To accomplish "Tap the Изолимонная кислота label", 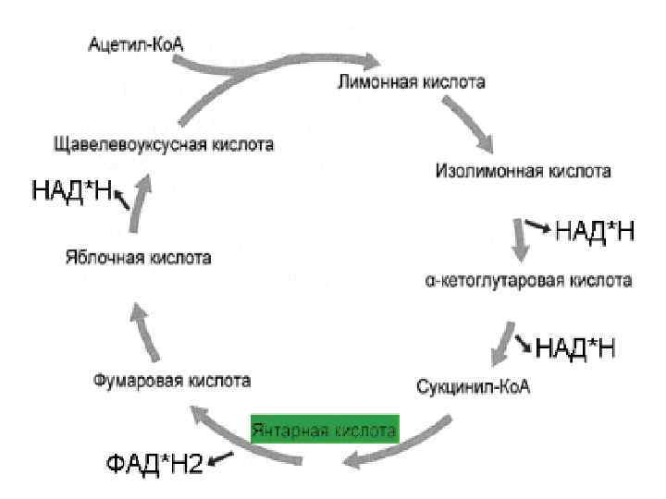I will (x=523, y=171).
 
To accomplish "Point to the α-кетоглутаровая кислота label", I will (x=528, y=280).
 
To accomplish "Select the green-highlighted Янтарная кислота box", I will (x=324, y=430).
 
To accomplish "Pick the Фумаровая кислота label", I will (x=173, y=380).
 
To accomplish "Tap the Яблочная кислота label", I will (x=139, y=257).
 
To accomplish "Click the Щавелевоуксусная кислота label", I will (x=165, y=145).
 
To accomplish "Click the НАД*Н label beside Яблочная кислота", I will (x=71, y=191).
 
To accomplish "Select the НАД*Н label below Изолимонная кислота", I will (x=595, y=231).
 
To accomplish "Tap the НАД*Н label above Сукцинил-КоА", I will (x=576, y=347).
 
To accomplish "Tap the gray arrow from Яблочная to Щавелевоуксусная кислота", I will (x=139, y=204).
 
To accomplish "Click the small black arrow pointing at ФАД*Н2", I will (x=222, y=457).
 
